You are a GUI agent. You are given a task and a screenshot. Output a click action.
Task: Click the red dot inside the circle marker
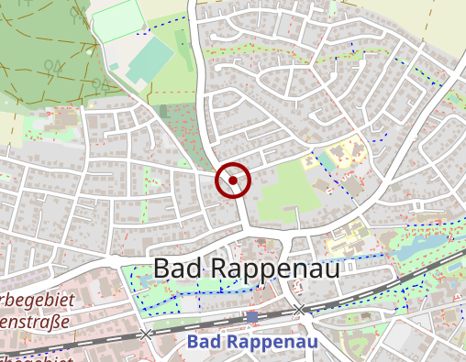click(233, 181)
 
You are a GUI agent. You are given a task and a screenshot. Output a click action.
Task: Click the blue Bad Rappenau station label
click(251, 342)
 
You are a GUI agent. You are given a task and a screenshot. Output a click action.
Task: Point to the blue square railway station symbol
click(252, 316)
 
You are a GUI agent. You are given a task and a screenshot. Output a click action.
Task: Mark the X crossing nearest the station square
click(299, 310)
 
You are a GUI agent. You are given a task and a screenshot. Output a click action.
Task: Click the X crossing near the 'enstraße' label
click(145, 334)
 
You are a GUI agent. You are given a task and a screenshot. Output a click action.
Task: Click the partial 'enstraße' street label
click(37, 322)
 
